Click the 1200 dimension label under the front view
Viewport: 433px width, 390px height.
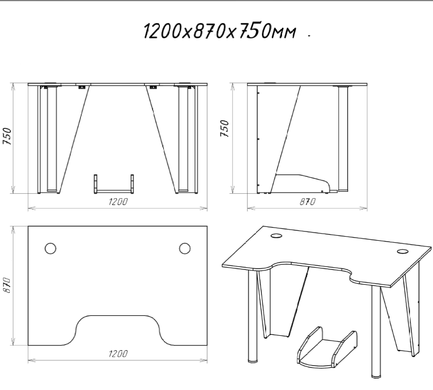118,201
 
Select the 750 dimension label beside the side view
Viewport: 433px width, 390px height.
225,128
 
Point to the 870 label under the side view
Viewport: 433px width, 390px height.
308,202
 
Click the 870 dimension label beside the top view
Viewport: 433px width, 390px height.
7,285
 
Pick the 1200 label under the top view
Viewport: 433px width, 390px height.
118,354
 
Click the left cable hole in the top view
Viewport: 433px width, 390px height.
50,248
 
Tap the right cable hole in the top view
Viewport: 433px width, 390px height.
184,248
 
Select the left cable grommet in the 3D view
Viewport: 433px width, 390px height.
276,236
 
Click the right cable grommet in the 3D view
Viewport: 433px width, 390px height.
403,251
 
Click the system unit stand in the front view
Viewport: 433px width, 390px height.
114,183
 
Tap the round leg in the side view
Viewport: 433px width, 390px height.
343,139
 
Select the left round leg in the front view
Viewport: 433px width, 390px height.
52,139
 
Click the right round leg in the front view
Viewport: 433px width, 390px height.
183,139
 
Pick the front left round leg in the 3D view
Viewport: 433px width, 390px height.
252,316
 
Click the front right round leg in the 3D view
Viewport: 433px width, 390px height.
376,332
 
